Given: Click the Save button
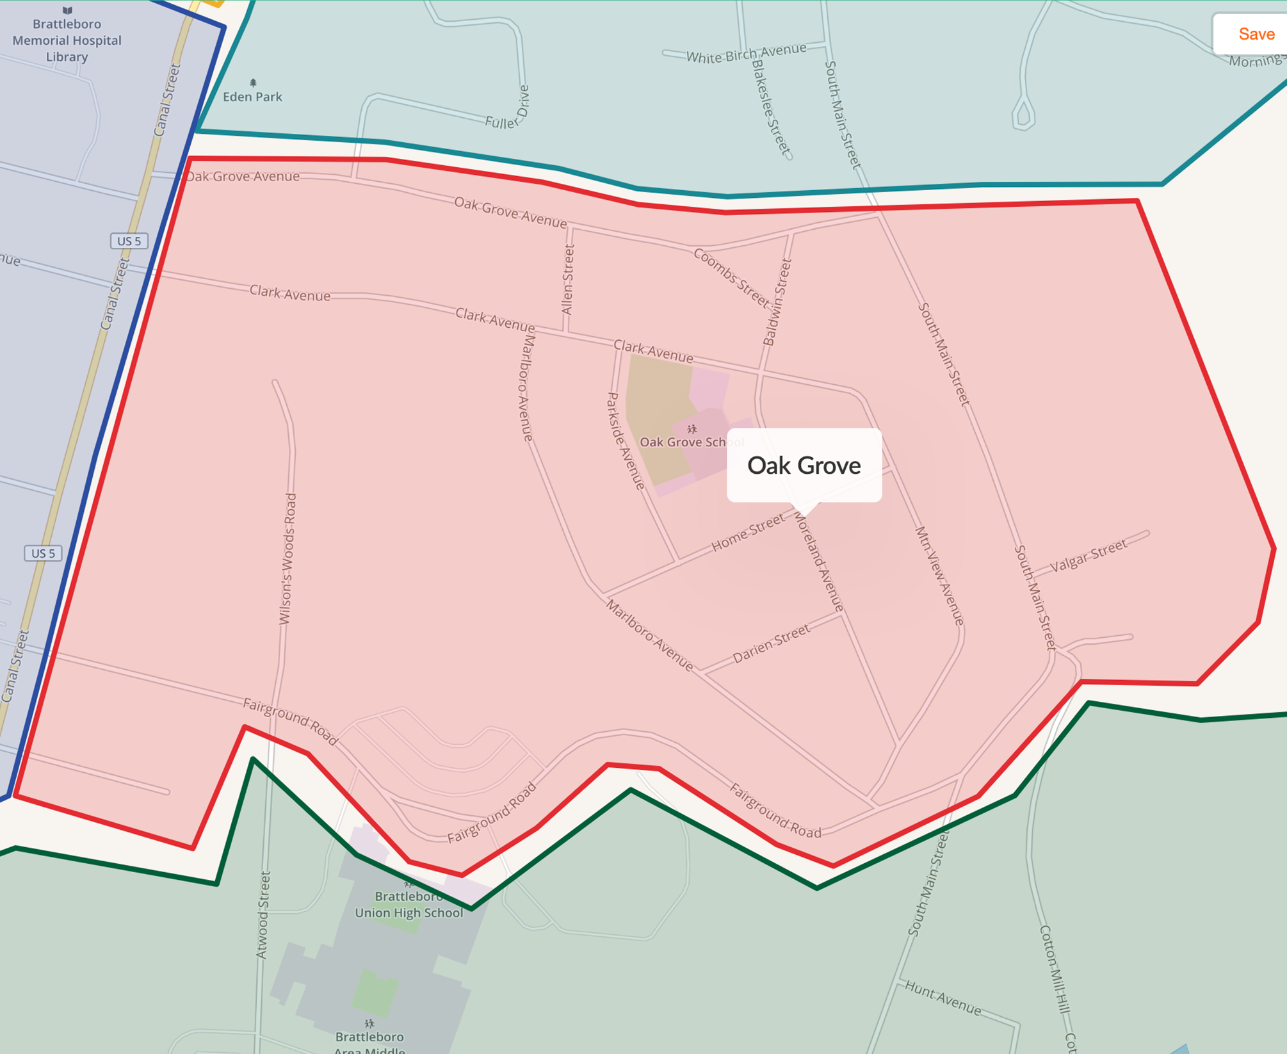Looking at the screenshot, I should pyautogui.click(x=1256, y=34).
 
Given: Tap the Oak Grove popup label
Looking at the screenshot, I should pyautogui.click(x=804, y=466).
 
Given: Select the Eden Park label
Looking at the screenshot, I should pyautogui.click(x=252, y=97).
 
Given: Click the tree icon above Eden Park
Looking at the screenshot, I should pyautogui.click(x=253, y=83).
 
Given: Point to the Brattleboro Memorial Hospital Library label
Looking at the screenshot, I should pyautogui.click(x=67, y=40).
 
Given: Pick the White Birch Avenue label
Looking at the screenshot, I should pyautogui.click(x=746, y=53).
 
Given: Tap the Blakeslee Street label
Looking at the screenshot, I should pyautogui.click(x=771, y=108).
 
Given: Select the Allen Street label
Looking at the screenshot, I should pyautogui.click(x=567, y=280).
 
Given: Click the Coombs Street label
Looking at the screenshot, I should pyautogui.click(x=731, y=277).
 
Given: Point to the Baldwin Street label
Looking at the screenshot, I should pyautogui.click(x=777, y=302).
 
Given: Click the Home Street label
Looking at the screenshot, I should pyautogui.click(x=748, y=533).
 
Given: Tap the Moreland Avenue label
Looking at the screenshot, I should pyautogui.click(x=819, y=562).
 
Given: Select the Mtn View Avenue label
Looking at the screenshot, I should pyautogui.click(x=939, y=576).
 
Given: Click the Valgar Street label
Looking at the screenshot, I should pyautogui.click(x=1088, y=555).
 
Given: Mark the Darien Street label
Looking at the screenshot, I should pyautogui.click(x=771, y=644).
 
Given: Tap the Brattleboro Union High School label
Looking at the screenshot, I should pyautogui.click(x=409, y=905).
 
